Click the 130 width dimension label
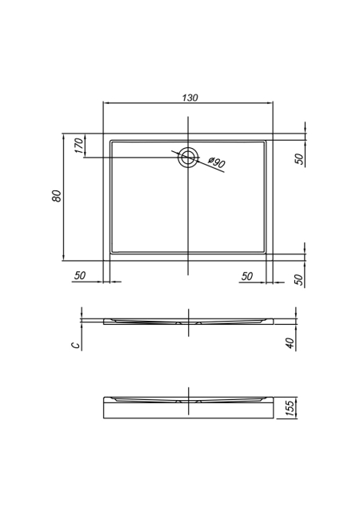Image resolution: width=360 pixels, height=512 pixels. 190,98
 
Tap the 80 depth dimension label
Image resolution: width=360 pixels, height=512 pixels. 57,195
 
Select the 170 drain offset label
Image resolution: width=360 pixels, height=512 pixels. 78,146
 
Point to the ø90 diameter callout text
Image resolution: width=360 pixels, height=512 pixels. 216,162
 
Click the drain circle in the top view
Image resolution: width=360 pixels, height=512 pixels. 188,157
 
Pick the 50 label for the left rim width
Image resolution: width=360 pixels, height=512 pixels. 79,275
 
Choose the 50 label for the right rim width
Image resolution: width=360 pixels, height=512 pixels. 247,276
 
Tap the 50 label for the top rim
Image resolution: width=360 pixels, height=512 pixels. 299,158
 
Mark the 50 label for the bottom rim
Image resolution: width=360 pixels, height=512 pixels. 299,279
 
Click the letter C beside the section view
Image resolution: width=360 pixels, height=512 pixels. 75,345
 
